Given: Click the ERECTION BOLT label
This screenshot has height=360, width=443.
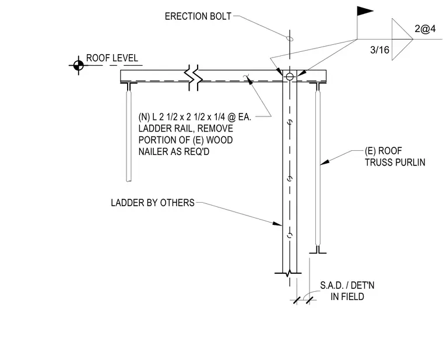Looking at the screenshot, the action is click(x=198, y=16).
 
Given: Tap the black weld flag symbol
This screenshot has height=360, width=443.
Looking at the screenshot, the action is click(x=365, y=11).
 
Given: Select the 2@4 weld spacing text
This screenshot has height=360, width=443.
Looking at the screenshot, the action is click(x=425, y=29).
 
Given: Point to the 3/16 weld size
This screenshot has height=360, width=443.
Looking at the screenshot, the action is click(x=379, y=50).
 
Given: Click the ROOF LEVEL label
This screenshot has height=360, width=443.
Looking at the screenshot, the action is click(x=112, y=58).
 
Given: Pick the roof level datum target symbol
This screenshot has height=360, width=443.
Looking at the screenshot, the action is click(x=78, y=65).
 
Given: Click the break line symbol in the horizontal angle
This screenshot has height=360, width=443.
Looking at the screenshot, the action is click(x=194, y=77).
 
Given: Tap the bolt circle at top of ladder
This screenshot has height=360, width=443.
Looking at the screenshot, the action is click(x=290, y=76).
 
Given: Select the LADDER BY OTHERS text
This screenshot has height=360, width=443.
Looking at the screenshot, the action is click(x=153, y=203).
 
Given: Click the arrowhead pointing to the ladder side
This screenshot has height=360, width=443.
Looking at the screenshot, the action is click(x=277, y=224).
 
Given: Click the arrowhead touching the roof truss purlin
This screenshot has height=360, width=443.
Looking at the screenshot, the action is click(x=325, y=162).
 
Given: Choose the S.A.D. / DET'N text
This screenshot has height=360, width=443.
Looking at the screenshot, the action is click(x=347, y=285).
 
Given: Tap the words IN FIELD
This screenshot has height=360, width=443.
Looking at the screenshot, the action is click(x=347, y=297).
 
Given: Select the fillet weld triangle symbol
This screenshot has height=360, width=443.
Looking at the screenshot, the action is click(x=402, y=39).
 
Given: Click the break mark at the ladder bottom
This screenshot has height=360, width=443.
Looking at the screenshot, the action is click(x=288, y=273).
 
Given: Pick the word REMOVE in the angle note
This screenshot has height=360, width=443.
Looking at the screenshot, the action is click(x=215, y=129).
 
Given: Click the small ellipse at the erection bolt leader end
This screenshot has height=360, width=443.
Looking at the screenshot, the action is click(x=290, y=38).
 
